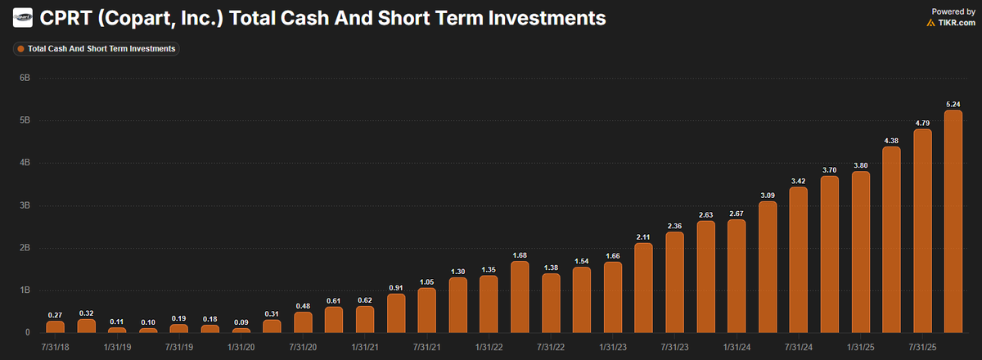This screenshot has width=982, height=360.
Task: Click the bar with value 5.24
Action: coord(953,222)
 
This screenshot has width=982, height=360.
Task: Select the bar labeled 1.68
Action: coord(520,297)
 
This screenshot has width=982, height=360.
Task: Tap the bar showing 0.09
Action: coord(241,331)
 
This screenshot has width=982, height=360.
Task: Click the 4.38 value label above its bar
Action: coord(891,140)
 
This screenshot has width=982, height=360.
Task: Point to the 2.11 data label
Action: coord(643,236)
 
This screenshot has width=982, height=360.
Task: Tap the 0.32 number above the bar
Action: coord(86,313)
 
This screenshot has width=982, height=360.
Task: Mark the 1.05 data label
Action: coord(427,281)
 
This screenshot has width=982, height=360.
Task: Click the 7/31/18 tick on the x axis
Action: coord(55,347)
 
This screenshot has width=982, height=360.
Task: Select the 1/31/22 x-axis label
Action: coord(489,347)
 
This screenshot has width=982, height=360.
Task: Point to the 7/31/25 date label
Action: coord(922,347)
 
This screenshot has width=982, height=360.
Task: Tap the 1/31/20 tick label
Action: coord(241,347)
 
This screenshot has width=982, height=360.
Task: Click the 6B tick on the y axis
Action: coord(25,78)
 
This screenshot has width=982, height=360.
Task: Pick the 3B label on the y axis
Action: coord(25,205)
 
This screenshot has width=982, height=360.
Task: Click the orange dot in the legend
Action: coord(20,49)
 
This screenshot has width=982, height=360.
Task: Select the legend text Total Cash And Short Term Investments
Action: coord(101,49)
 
